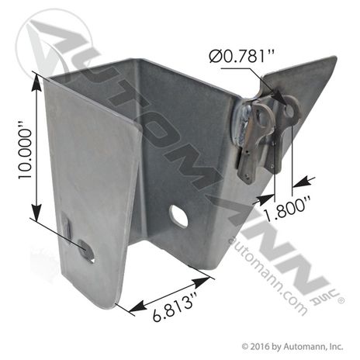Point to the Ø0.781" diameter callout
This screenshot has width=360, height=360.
point(242,56)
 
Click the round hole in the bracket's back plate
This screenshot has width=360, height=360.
point(178,216)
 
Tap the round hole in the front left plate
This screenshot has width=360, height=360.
point(87,251)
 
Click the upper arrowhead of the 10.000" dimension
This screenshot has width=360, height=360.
point(36,82)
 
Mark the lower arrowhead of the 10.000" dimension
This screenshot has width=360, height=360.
point(36,213)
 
